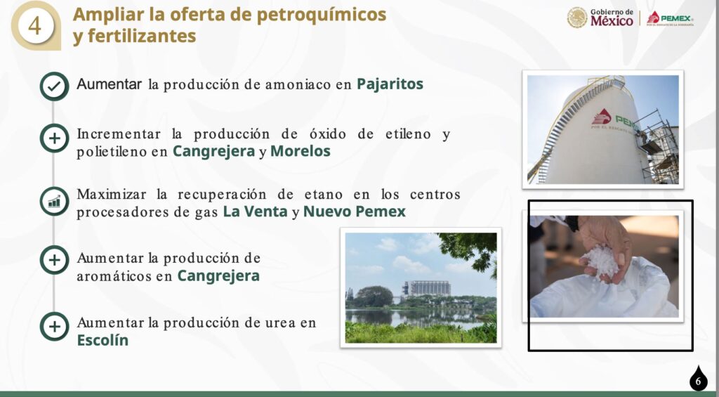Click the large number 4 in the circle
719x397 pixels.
coord(34,26)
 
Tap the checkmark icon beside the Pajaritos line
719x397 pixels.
coord(54,86)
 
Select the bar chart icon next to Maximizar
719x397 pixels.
coord(54,201)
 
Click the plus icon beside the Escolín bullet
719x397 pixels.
coord(54,326)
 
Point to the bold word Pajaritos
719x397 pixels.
coord(390,84)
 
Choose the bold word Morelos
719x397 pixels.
coord(301,152)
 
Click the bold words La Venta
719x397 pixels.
coord(256,211)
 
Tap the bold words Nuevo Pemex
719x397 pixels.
coord(355,211)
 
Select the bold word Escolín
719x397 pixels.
coord(103,340)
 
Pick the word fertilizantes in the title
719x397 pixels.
coord(142,36)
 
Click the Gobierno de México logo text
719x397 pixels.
coord(612,18)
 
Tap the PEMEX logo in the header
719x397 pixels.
coord(670,18)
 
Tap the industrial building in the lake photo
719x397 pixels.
coord(426,288)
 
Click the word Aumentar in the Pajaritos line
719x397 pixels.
coord(109,84)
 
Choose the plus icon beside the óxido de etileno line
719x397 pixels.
coord(54,138)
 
